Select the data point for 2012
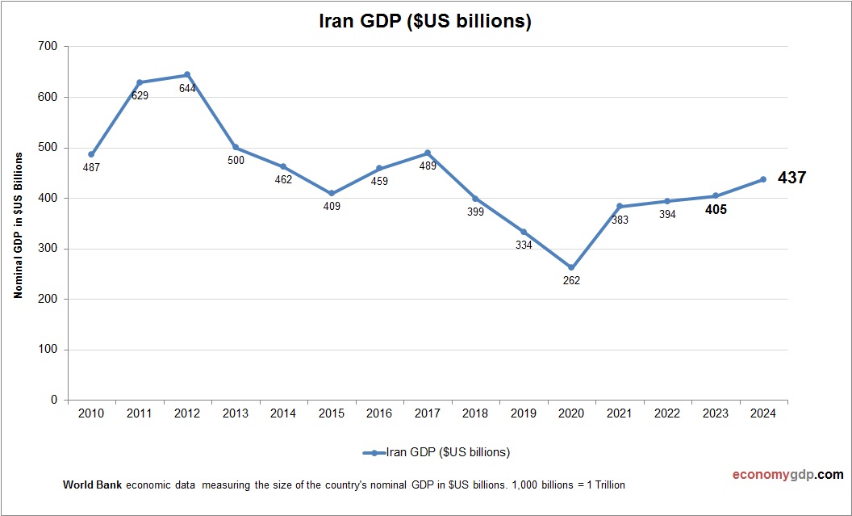(187, 75)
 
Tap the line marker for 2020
(571, 267)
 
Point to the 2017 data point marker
(428, 153)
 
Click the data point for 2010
(91, 154)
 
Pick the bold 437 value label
(791, 178)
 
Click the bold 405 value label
(715, 210)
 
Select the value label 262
(571, 281)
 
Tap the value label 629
(139, 96)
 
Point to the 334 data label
(524, 245)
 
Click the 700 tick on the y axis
(48, 47)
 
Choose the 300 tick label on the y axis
(48, 249)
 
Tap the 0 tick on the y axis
(54, 400)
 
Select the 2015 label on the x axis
(332, 413)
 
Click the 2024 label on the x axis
(763, 413)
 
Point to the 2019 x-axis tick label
(524, 413)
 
